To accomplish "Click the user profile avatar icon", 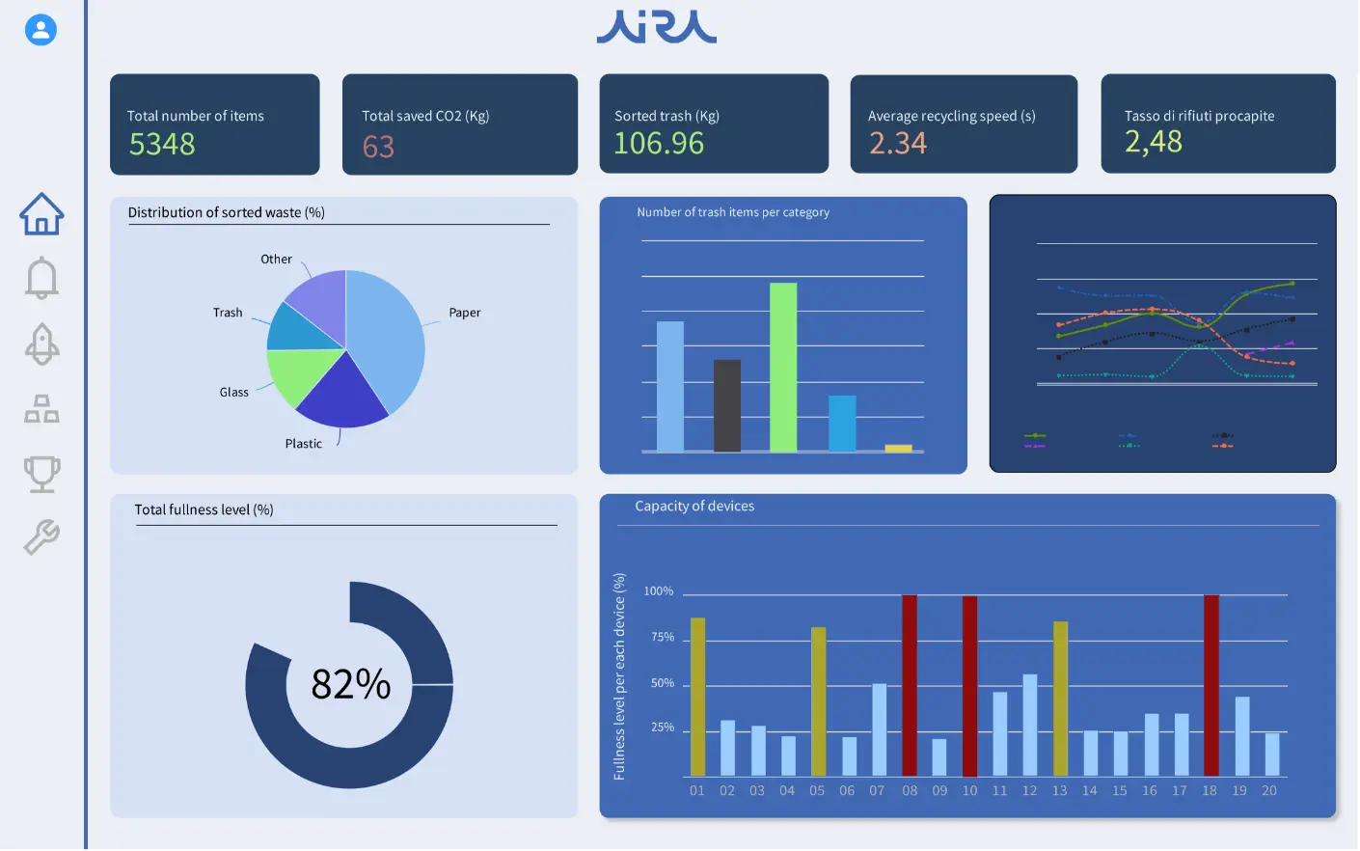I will pyautogui.click(x=41, y=30).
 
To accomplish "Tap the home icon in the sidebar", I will pyautogui.click(x=41, y=213).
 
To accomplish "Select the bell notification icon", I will pyautogui.click(x=41, y=278).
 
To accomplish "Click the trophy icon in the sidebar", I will pyautogui.click(x=41, y=474).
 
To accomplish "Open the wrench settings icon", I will pyautogui.click(x=41, y=536).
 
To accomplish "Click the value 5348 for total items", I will pyautogui.click(x=162, y=145).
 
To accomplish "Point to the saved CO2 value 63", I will pyautogui.click(x=378, y=147).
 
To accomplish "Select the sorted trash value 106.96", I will pyautogui.click(x=659, y=144).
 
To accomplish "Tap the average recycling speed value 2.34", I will pyautogui.click(x=897, y=144).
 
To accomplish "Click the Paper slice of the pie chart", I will pyautogui.click(x=386, y=333).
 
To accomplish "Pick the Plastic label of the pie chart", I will pyautogui.click(x=303, y=444).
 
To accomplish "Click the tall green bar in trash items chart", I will pyautogui.click(x=783, y=367).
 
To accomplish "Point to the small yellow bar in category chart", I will pyautogui.click(x=898, y=448).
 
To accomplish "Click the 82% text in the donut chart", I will pyautogui.click(x=350, y=684).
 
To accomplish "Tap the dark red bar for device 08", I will pyautogui.click(x=910, y=685).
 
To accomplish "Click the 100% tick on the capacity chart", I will pyautogui.click(x=659, y=591).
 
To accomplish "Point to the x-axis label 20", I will pyautogui.click(x=1269, y=790).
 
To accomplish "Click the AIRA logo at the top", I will pyautogui.click(x=657, y=27).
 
